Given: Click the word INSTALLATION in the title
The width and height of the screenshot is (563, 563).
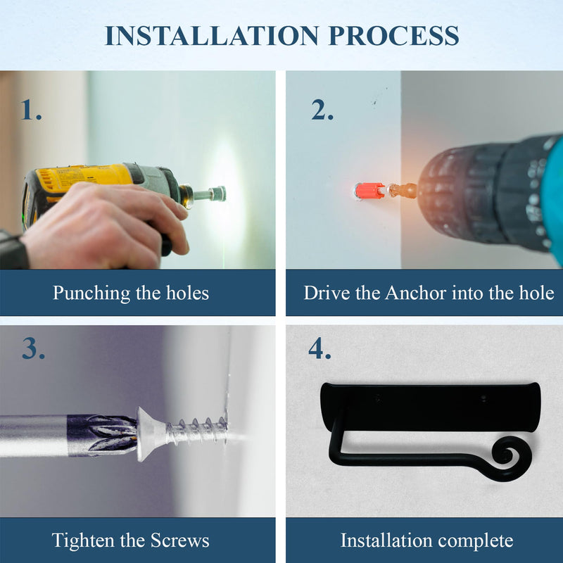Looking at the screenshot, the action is pyautogui.click(x=212, y=36).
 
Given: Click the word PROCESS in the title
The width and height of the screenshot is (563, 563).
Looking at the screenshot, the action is pyautogui.click(x=394, y=36).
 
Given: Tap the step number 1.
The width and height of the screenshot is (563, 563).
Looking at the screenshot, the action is pyautogui.click(x=31, y=110).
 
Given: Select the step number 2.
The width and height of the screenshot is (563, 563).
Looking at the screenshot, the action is pyautogui.click(x=322, y=110).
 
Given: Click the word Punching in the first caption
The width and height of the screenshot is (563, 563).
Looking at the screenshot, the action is pyautogui.click(x=91, y=293).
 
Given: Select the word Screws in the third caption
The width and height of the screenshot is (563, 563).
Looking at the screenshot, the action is pyautogui.click(x=179, y=540).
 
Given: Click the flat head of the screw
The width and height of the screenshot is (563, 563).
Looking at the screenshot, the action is pyautogui.click(x=148, y=434).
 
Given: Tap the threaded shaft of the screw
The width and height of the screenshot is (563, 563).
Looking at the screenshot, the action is pyautogui.click(x=196, y=431).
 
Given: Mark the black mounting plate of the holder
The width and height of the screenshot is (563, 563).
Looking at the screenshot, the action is pyautogui.click(x=431, y=407).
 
